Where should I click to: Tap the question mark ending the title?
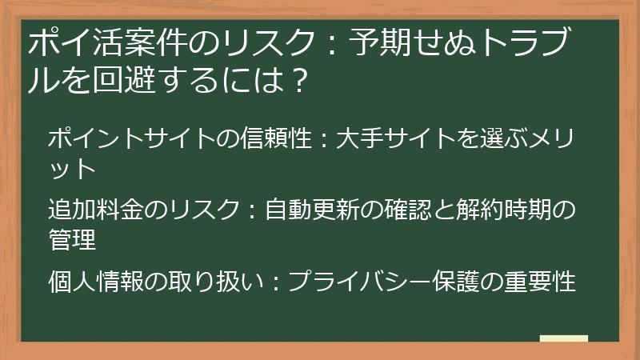point(297,81)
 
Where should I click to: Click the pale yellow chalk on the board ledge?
point(563,338)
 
